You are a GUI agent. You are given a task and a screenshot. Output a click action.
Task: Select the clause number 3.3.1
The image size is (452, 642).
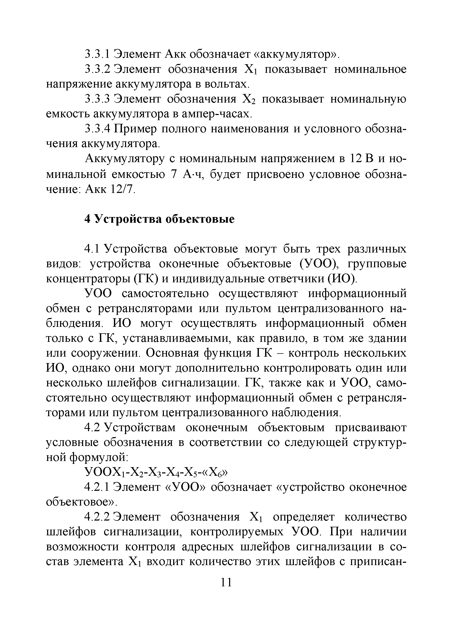point(98,54)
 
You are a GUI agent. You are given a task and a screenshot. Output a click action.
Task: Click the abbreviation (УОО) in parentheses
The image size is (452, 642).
point(317,264)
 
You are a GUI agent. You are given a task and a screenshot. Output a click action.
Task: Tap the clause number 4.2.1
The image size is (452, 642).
point(98,487)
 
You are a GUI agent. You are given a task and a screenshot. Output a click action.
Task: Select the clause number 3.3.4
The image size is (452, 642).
point(98,129)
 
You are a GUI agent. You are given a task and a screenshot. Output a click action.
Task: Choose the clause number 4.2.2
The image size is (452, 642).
point(98,517)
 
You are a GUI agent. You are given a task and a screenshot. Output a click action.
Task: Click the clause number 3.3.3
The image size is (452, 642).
point(98,99)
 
